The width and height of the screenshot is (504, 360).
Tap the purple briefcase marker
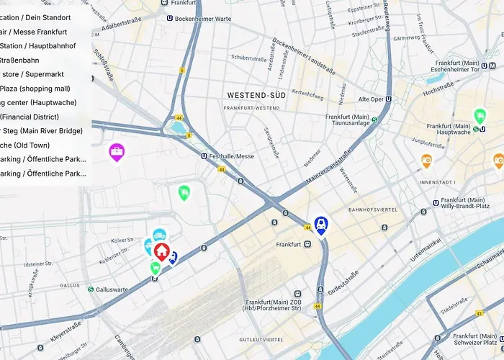[116, 151]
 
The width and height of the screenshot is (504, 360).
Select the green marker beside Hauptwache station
[480, 115]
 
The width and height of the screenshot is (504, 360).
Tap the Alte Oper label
[372, 99]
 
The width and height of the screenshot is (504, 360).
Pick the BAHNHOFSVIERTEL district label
[373, 210]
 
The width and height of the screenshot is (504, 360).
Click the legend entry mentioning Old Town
[25, 145]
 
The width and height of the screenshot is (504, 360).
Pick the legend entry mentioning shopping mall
[35, 89]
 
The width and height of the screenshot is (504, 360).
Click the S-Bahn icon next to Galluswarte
[91, 289]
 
